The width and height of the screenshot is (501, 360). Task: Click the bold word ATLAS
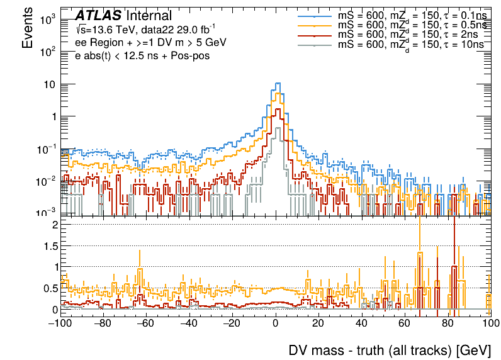coord(98,16)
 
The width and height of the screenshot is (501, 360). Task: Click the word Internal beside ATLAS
coord(149,16)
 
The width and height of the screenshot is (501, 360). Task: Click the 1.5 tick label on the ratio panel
coord(50,245)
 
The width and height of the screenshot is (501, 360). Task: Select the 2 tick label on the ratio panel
coord(55,224)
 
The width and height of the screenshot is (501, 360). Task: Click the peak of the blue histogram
coord(277,83)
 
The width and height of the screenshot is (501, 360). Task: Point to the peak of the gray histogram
coord(276,128)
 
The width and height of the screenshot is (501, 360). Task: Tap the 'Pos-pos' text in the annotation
coord(191,55)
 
